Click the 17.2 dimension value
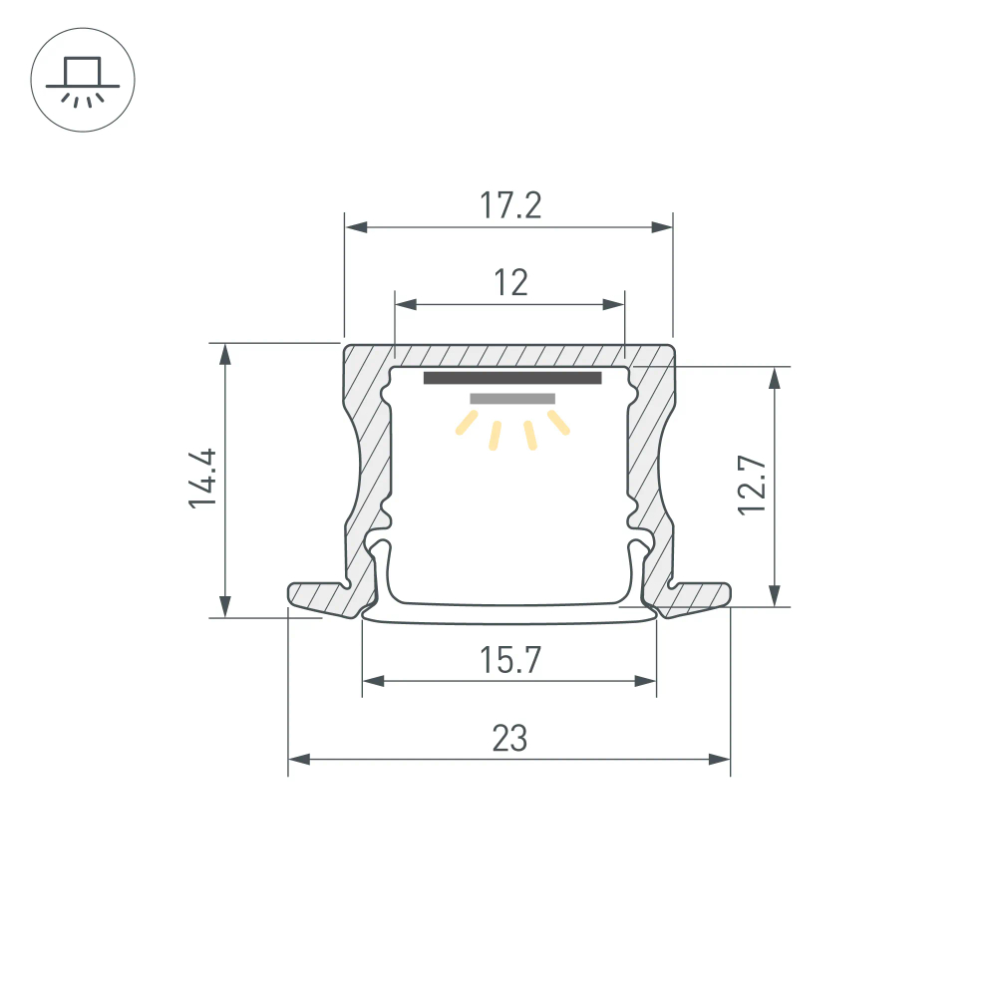tap(509, 205)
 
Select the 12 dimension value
tap(509, 283)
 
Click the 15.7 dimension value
tap(509, 660)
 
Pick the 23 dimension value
tap(509, 739)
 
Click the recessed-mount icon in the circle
tap(83, 79)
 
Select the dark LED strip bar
tap(512, 378)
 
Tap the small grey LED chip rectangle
tap(512, 399)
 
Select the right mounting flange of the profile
tap(698, 595)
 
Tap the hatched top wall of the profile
tap(508, 355)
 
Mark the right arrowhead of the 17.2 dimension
tap(662, 227)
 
